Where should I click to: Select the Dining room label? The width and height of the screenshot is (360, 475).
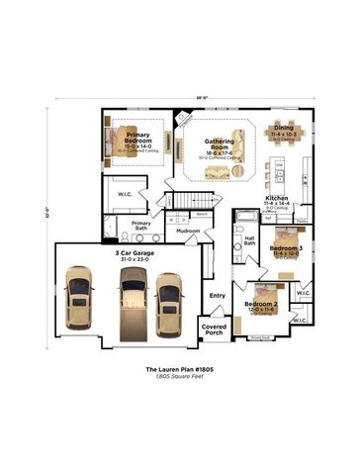click(x=284, y=129)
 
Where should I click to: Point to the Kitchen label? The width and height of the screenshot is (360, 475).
click(x=277, y=199)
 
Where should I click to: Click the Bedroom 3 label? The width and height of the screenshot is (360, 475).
click(x=286, y=248)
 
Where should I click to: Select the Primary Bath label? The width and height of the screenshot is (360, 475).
click(x=141, y=226)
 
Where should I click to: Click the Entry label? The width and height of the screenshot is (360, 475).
click(x=217, y=295)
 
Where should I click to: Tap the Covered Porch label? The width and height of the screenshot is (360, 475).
click(x=215, y=329)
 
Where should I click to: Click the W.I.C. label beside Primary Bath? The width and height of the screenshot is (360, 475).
click(x=125, y=194)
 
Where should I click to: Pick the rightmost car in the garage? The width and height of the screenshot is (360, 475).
click(x=169, y=298)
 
